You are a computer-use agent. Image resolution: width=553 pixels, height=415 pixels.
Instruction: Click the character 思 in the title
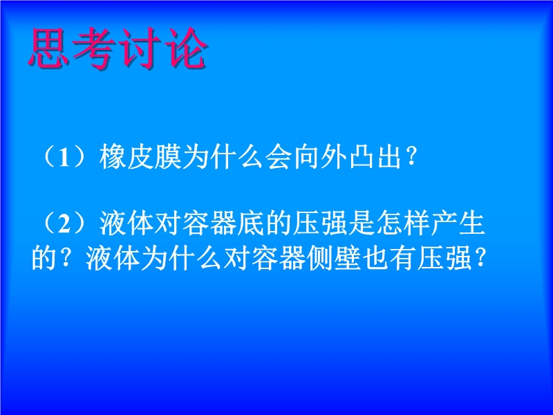tap(48, 48)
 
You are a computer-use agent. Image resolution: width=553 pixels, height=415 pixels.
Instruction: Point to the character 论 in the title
tap(185, 48)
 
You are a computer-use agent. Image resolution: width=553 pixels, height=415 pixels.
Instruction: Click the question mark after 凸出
tap(411, 158)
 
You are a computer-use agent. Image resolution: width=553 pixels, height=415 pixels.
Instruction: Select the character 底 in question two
tap(250, 223)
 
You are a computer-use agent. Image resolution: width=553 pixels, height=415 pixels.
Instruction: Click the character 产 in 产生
tap(444, 223)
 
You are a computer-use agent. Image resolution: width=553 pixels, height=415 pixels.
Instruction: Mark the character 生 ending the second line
tap(472, 223)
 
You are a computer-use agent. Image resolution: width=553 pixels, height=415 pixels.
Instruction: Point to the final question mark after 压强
tap(480, 259)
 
